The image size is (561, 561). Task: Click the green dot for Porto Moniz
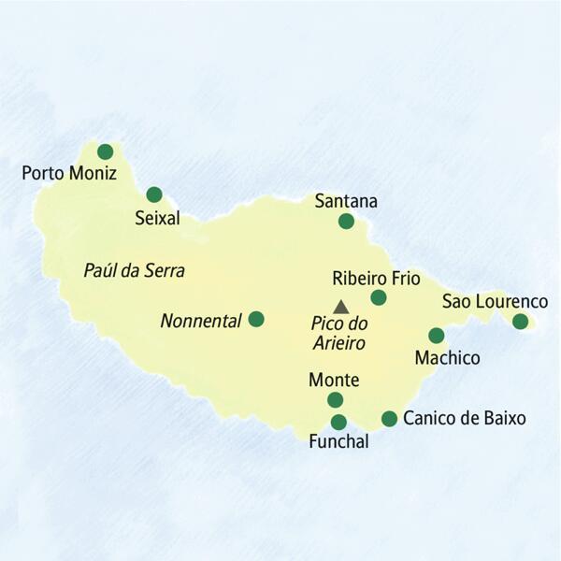click(x=105, y=151)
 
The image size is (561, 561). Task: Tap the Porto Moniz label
click(x=68, y=173)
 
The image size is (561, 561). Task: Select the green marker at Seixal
click(x=154, y=194)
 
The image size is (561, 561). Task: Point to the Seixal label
click(x=155, y=218)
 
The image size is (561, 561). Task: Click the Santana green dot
click(x=346, y=221)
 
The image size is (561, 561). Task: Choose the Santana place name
click(x=346, y=200)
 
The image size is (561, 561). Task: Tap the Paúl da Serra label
click(x=134, y=271)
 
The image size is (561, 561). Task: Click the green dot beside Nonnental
click(x=255, y=319)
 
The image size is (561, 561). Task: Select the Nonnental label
click(x=201, y=320)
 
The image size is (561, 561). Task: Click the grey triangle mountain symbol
click(x=341, y=306)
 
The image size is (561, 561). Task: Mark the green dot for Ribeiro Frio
click(x=378, y=297)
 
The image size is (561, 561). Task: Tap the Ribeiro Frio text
click(x=376, y=278)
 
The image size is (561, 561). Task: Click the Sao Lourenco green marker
click(x=520, y=322)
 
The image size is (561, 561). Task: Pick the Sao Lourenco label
click(x=495, y=301)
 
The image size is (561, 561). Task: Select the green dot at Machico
click(x=436, y=335)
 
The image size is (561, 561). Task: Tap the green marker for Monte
click(x=335, y=400)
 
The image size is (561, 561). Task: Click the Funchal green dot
click(x=338, y=422)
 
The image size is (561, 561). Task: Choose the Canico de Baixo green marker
click(x=389, y=418)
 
